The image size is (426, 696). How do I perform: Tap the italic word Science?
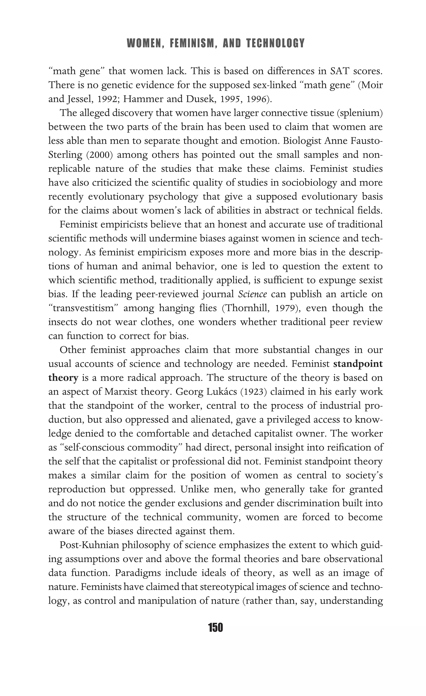coord(252,294)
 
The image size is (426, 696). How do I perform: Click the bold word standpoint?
coord(358,364)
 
